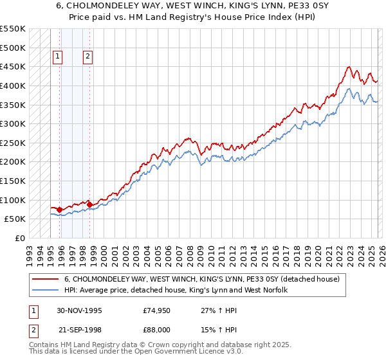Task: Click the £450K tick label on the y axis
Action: (x=13, y=67)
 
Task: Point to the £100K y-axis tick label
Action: (x=13, y=200)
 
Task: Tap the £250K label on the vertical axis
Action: (x=13, y=143)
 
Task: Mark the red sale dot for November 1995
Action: (x=60, y=210)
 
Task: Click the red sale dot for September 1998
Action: (x=89, y=204)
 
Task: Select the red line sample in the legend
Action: (x=46, y=279)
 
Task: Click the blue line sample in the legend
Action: (x=46, y=290)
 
